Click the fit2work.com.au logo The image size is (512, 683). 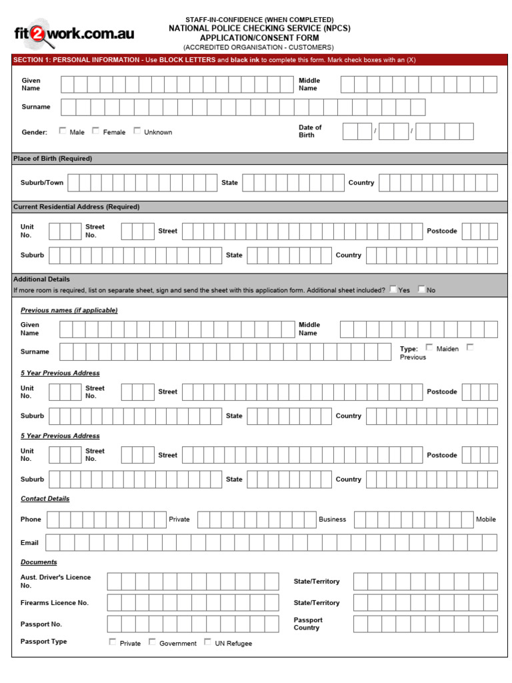74,34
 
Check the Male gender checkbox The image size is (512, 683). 63,131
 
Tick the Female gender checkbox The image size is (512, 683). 96,131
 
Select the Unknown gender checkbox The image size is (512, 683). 137,131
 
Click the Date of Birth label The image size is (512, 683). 310,131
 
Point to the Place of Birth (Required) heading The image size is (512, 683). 53,159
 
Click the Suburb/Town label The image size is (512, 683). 42,183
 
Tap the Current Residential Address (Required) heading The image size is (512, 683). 76,207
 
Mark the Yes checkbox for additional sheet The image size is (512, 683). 393,289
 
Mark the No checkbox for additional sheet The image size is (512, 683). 421,289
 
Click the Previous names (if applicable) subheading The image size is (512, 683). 69,310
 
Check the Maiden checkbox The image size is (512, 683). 429,348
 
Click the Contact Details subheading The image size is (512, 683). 45,499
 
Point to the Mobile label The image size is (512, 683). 485,520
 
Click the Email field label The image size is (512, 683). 29,543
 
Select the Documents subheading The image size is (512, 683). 39,562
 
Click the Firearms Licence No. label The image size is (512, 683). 54,603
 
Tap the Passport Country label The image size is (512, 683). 307,624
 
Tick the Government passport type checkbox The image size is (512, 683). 152,642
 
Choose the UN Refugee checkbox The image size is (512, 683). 208,642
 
